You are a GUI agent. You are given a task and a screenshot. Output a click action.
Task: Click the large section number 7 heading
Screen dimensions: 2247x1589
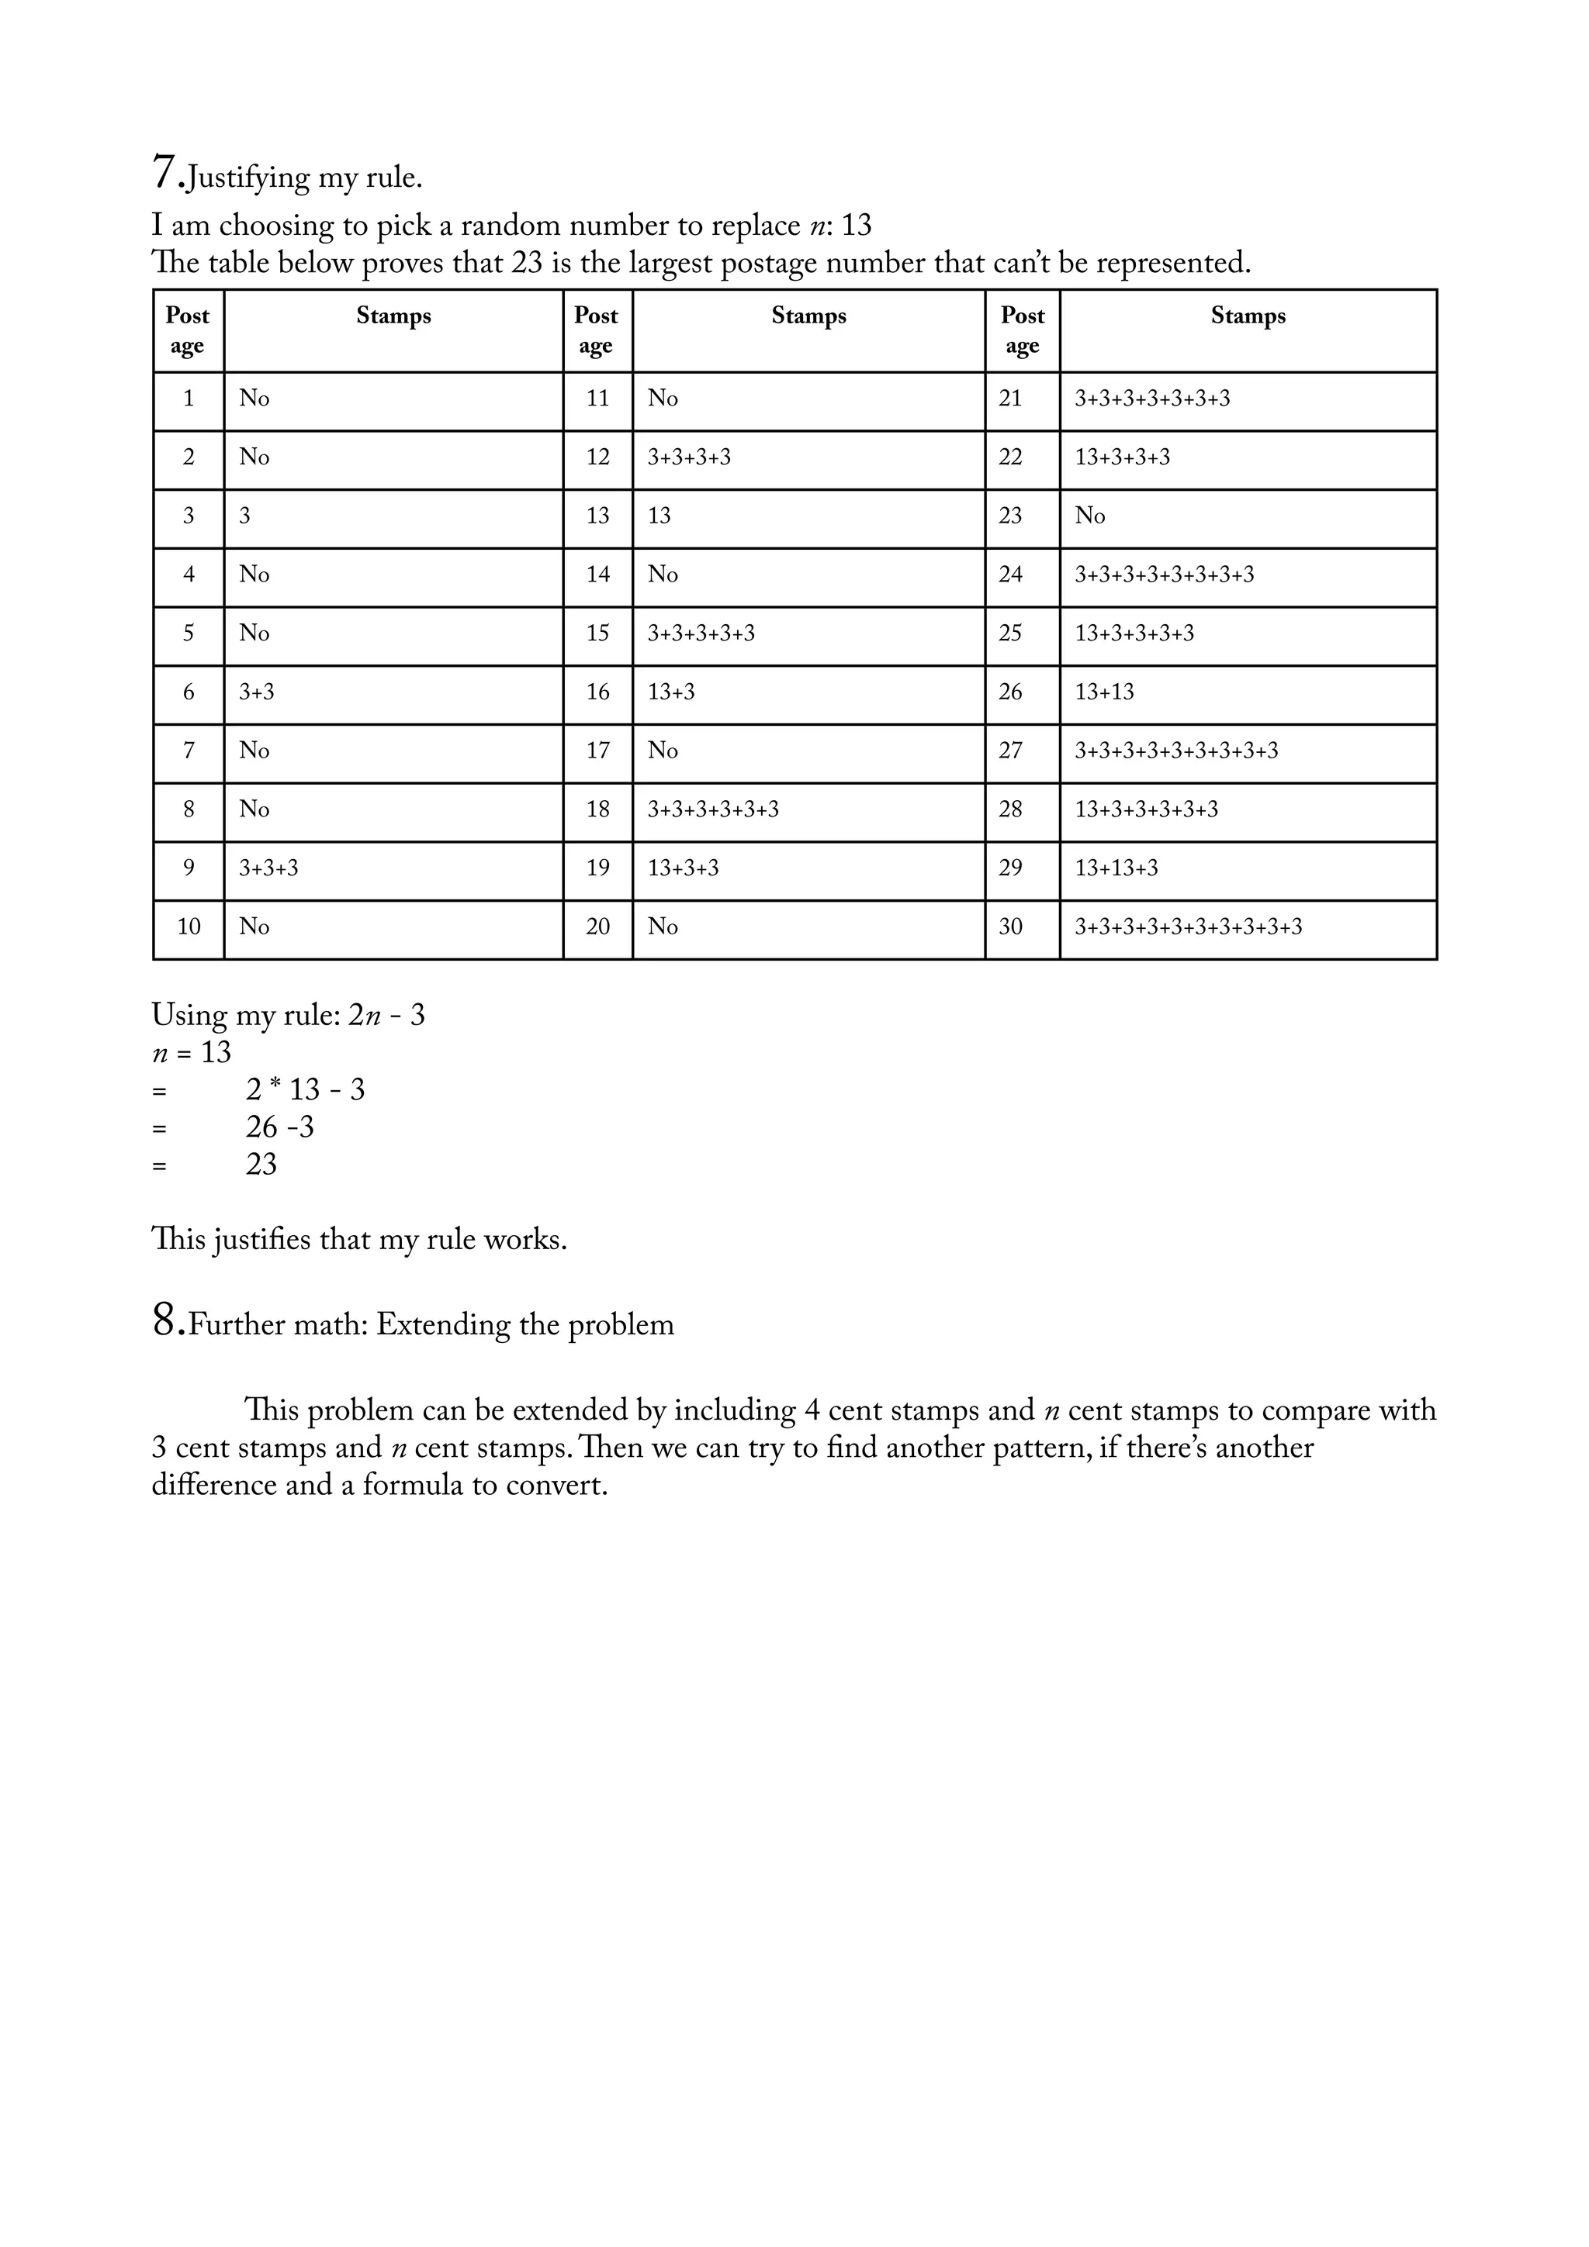tap(164, 172)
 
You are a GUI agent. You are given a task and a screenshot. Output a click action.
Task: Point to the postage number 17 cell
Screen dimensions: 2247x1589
tap(597, 751)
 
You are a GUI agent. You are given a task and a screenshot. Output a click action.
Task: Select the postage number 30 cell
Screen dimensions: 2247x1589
tap(1010, 927)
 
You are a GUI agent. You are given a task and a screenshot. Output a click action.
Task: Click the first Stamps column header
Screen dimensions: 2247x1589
tap(393, 316)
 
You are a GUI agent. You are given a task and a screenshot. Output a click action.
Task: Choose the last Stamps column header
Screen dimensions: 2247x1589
tap(1248, 316)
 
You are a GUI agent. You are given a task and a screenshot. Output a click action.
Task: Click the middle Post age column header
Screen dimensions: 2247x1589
tap(596, 330)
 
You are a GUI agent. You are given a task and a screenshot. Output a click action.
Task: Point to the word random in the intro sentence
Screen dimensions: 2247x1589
tap(510, 226)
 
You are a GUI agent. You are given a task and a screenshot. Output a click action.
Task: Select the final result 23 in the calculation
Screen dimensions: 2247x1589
tap(261, 1165)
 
